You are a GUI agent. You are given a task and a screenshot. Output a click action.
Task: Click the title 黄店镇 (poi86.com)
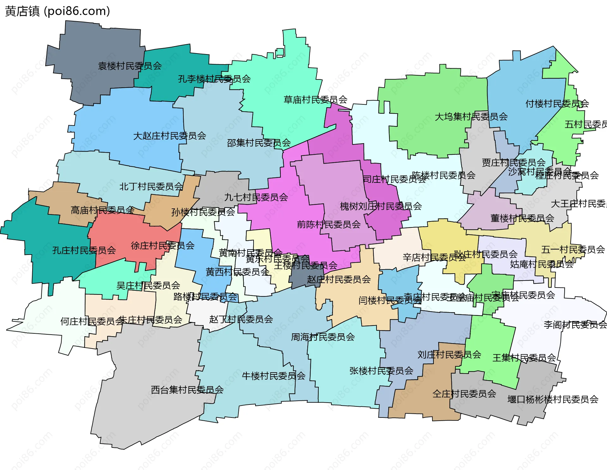tap(57, 11)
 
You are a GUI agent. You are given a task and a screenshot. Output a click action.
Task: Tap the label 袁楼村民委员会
tap(130, 66)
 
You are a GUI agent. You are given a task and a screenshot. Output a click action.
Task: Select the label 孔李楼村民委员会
tap(214, 79)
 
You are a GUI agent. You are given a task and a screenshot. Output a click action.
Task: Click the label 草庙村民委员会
tap(315, 100)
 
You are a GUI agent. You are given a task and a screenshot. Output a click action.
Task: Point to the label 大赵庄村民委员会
tap(169, 136)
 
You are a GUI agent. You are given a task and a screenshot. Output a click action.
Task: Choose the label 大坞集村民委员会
tap(471, 117)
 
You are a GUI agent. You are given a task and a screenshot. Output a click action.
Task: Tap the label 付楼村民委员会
tap(557, 104)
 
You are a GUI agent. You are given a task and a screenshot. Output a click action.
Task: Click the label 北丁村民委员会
tap(151, 187)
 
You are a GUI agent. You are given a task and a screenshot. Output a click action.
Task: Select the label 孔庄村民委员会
tap(84, 250)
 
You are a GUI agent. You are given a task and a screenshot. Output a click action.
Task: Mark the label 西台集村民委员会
tap(187, 390)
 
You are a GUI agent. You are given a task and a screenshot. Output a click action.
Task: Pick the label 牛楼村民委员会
tap(273, 376)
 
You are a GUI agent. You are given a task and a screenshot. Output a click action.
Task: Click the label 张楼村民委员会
tap(381, 371)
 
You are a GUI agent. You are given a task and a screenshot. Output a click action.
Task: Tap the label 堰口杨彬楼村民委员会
tap(553, 399)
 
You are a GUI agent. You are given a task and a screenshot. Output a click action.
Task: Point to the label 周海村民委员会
tap(322, 337)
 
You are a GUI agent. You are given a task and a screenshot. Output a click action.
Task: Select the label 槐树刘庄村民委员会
tap(381, 207)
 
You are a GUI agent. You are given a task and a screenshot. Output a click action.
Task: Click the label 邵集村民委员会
tap(259, 143)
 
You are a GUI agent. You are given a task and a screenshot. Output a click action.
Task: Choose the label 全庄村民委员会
tap(464, 394)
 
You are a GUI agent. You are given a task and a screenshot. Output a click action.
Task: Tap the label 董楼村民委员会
tap(522, 218)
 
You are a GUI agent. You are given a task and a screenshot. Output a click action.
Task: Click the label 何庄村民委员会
tap(92, 322)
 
